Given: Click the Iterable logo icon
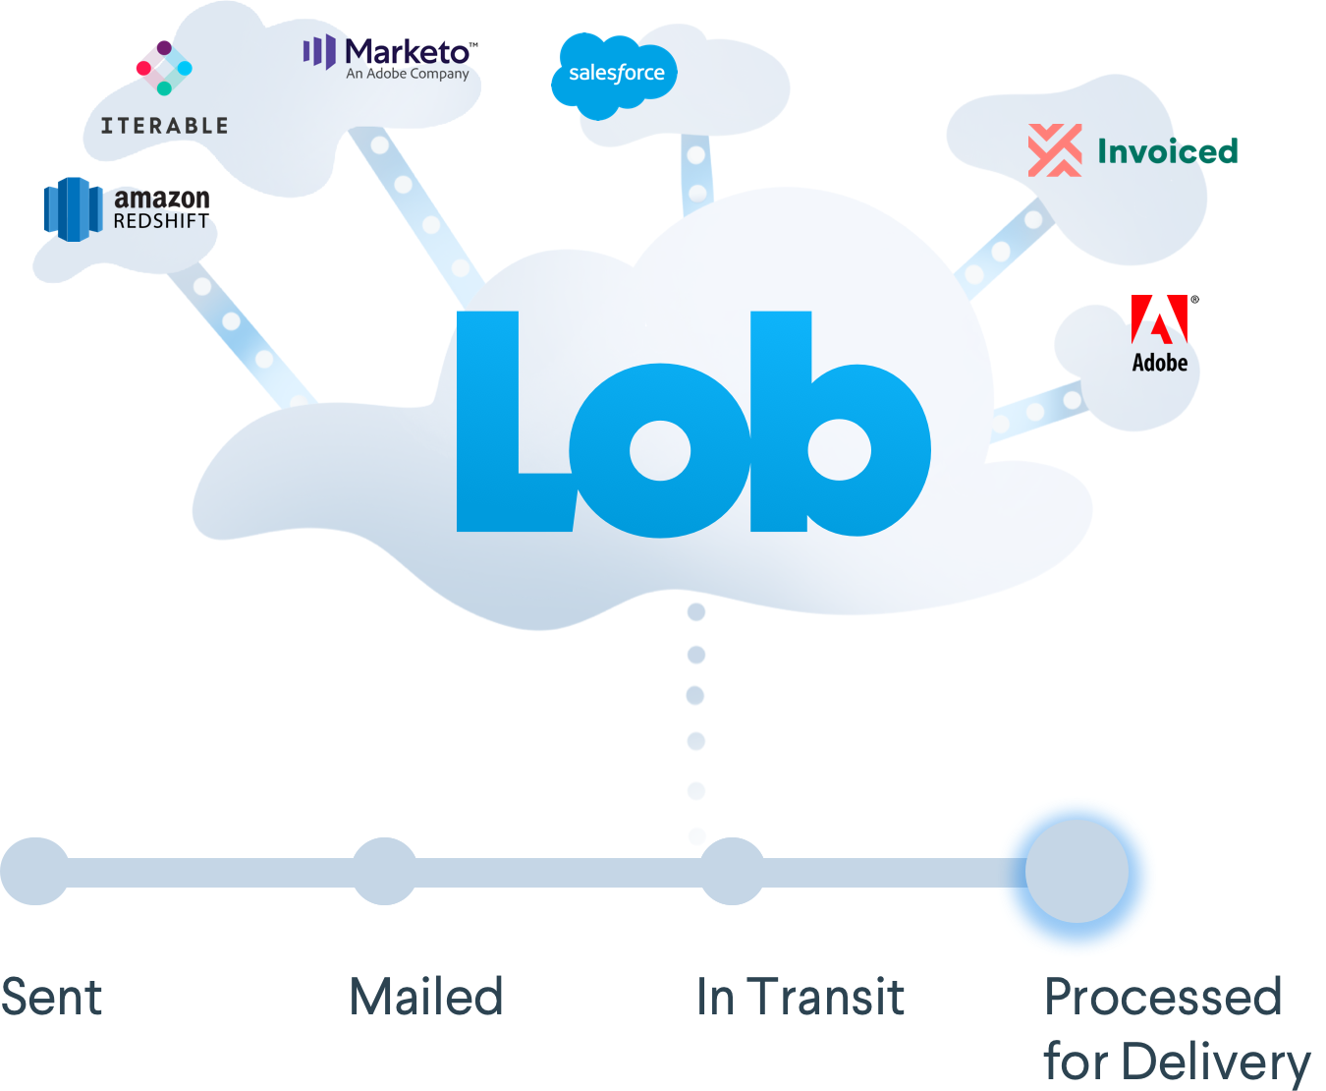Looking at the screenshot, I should coord(164,69).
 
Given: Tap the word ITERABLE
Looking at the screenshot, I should coord(164,126).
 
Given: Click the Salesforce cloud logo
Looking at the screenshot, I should coord(615,74).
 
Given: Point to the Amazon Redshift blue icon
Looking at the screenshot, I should coord(73,208).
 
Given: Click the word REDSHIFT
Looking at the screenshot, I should coord(161,222).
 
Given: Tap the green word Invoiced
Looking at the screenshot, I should coord(1167,151).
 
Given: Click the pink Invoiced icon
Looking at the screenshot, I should coord(1055,150).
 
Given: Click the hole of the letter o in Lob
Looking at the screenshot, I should coord(660,450).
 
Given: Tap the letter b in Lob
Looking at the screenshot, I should coord(835,432).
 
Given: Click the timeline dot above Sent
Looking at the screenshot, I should coord(35,871).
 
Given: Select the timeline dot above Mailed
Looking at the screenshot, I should coord(384,871).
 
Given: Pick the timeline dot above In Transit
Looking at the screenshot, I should coord(732,871).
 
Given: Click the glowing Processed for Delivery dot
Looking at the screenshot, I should coord(1077,871).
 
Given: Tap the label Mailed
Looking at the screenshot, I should coord(425,998).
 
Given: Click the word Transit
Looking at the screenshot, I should coord(825,998).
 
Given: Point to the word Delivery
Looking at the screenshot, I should coord(1216,1063).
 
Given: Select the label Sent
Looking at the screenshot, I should coord(51,998).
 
